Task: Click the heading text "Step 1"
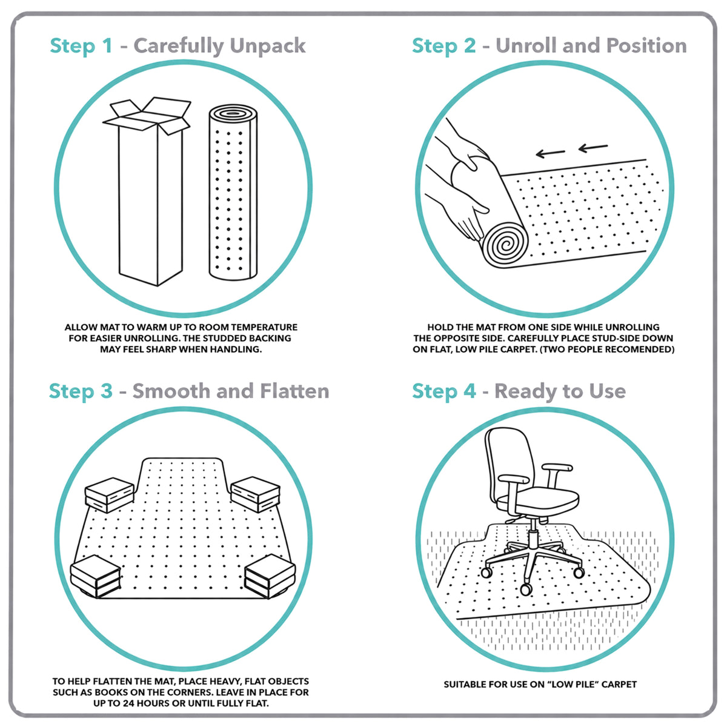tap(81, 46)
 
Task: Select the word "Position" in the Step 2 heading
tap(646, 46)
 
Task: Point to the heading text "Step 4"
tap(443, 391)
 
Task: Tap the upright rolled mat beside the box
tap(233, 193)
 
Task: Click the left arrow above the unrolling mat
tap(551, 153)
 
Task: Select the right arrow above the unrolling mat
tap(593, 147)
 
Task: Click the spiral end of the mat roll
tap(505, 244)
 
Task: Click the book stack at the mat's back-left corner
tap(110, 494)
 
